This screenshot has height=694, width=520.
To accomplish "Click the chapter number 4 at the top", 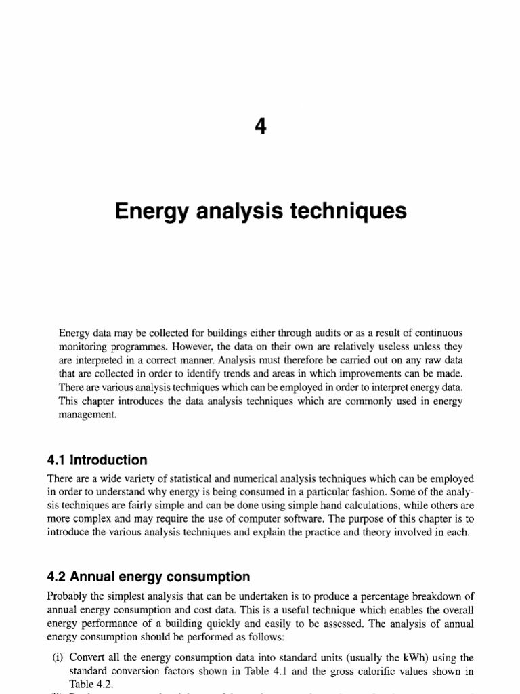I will pos(260,127).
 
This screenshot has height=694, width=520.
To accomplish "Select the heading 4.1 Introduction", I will pos(97,460).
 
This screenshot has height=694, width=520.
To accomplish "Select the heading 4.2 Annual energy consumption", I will pos(148,577).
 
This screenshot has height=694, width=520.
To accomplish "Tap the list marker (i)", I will pos(60,657).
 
